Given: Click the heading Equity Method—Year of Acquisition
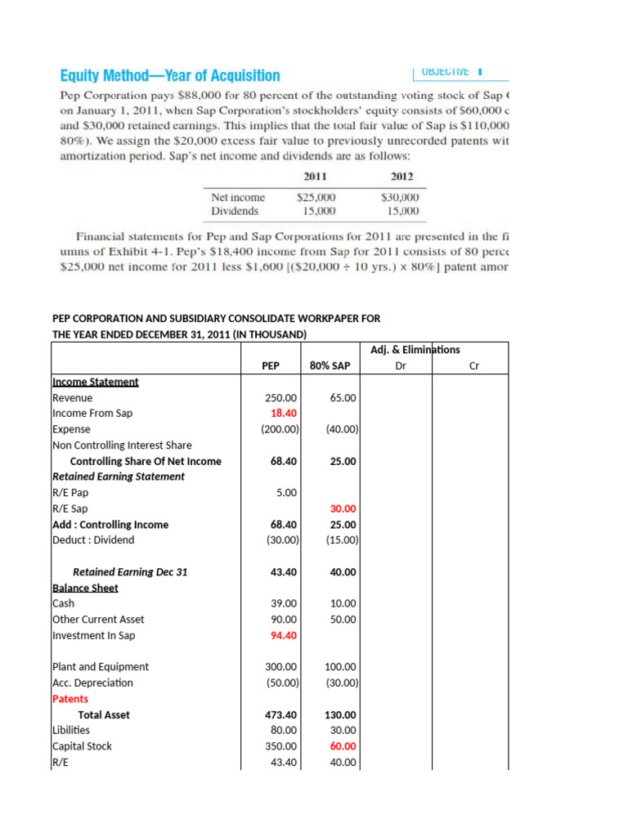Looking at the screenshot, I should tap(170, 76).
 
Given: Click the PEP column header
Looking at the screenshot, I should tap(271, 366).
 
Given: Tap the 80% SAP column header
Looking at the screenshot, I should tap(330, 366).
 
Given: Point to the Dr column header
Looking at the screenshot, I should tap(400, 366).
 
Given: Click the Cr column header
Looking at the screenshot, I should tap(473, 366).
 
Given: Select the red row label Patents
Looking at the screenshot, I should tap(70, 699).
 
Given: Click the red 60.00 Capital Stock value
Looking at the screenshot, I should tap(343, 746).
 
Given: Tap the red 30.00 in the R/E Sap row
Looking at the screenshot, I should tap(343, 508).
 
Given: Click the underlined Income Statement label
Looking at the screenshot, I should tap(95, 382).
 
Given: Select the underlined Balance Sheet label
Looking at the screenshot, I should tap(85, 588).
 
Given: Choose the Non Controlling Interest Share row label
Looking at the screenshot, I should tap(122, 445).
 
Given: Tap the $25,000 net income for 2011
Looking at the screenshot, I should tap(316, 197).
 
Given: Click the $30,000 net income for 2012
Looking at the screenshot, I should tap(400, 197).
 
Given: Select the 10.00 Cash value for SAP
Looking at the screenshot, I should tap(343, 603).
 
